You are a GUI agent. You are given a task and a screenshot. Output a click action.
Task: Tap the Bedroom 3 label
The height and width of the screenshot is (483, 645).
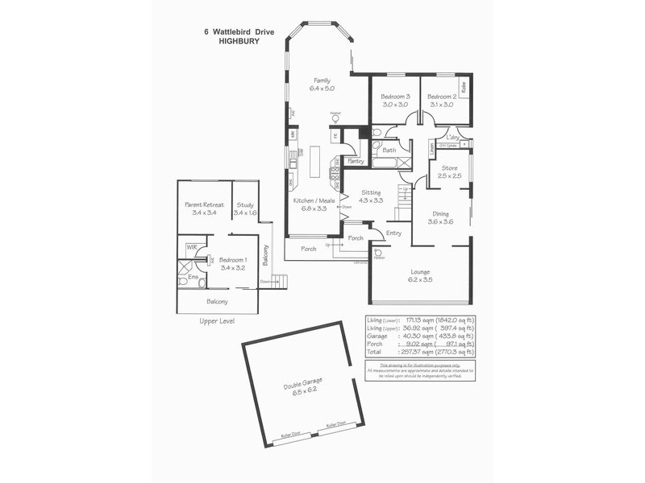(395, 97)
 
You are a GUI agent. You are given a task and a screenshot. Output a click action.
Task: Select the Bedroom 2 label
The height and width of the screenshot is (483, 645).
(441, 97)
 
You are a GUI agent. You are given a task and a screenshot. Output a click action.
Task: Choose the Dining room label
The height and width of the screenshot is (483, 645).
(440, 213)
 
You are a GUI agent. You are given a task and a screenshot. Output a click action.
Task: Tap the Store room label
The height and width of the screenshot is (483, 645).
(448, 167)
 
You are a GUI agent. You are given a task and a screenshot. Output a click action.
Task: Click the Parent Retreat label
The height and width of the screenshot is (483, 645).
(204, 205)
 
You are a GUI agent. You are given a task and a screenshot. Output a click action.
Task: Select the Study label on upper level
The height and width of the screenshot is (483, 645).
(245, 205)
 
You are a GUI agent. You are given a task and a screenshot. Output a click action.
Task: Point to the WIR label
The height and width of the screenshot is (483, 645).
(193, 247)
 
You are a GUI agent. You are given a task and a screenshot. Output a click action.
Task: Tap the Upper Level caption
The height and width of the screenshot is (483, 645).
(218, 320)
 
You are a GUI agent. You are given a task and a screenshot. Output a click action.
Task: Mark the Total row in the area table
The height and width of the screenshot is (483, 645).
(419, 353)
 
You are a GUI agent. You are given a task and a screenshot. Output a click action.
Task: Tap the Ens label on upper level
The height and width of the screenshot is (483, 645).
(193, 277)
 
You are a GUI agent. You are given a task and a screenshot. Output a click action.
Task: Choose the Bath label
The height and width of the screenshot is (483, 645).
(389, 151)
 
